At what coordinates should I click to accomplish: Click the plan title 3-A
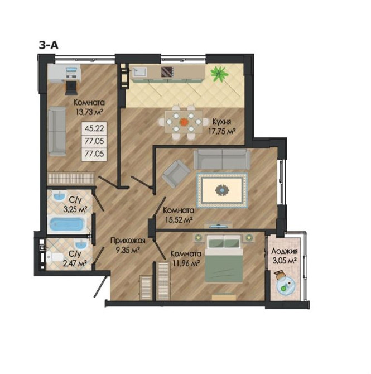[49, 45]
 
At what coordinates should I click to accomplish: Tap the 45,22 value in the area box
[94, 128]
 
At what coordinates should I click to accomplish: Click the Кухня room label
[221, 122]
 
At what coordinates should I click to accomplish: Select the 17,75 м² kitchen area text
[222, 131]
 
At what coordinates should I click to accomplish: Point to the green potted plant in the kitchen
[219, 73]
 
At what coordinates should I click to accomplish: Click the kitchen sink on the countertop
[140, 72]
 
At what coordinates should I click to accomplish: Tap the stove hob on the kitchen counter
[167, 72]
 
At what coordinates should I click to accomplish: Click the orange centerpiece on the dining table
[184, 122]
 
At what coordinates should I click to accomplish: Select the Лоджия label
[285, 251]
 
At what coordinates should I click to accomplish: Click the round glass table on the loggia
[286, 285]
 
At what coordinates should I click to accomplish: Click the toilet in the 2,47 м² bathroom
[55, 257]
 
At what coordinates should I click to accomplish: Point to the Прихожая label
[128, 241]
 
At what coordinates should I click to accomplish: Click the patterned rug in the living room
[222, 190]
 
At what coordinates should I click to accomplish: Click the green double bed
[224, 259]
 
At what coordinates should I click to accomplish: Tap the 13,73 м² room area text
[90, 112]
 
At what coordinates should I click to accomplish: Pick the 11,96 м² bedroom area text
[186, 263]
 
